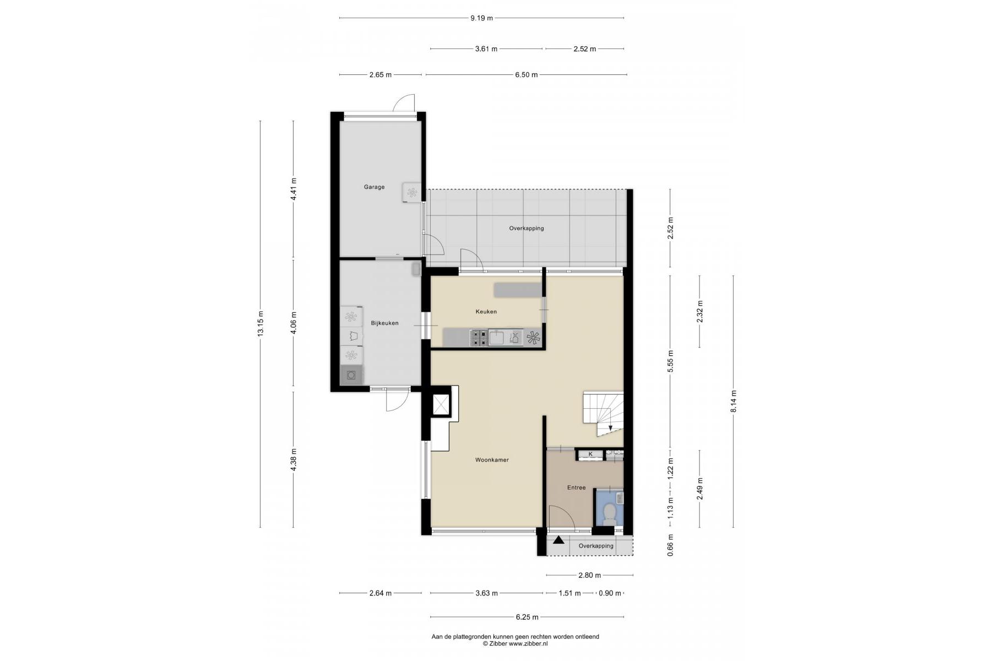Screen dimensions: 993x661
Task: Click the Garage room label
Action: (x=374, y=187)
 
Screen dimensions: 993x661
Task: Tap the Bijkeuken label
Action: (x=384, y=323)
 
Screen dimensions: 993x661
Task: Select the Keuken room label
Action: (x=486, y=312)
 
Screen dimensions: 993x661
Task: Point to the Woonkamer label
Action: (x=492, y=460)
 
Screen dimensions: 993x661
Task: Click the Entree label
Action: (x=577, y=487)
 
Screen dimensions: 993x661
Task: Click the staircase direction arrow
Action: (x=610, y=428)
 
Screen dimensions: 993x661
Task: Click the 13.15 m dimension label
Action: (x=261, y=323)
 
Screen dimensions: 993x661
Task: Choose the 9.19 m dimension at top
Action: (x=481, y=18)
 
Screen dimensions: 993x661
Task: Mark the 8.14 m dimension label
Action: (x=734, y=402)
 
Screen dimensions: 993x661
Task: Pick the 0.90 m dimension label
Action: (x=610, y=593)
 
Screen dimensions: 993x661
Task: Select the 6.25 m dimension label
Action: (x=527, y=617)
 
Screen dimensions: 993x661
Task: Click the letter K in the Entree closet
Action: (x=591, y=454)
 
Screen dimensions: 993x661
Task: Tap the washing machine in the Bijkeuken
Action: (x=351, y=376)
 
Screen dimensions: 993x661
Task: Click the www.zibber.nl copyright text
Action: (x=515, y=643)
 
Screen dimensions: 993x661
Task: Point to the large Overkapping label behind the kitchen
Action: (x=527, y=228)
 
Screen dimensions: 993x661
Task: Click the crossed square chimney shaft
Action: (x=441, y=405)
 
